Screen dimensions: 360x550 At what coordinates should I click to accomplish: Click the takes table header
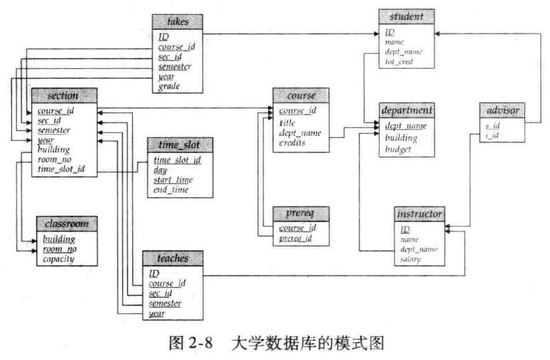click(x=177, y=23)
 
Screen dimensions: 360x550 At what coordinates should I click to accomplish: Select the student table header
click(x=407, y=16)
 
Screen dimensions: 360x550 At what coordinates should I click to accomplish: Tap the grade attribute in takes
click(x=169, y=87)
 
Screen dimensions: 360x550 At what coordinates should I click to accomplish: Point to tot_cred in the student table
click(x=399, y=62)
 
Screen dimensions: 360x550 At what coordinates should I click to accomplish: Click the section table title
click(x=62, y=95)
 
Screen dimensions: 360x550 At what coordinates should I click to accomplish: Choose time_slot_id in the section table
click(x=61, y=169)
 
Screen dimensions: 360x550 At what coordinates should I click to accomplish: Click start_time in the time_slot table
click(x=172, y=180)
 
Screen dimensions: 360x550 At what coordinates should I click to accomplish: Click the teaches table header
click(x=170, y=258)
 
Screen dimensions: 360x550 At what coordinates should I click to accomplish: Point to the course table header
click(x=300, y=94)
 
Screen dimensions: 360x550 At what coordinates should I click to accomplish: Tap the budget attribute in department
click(x=398, y=149)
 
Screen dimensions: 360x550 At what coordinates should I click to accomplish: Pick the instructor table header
click(x=420, y=214)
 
